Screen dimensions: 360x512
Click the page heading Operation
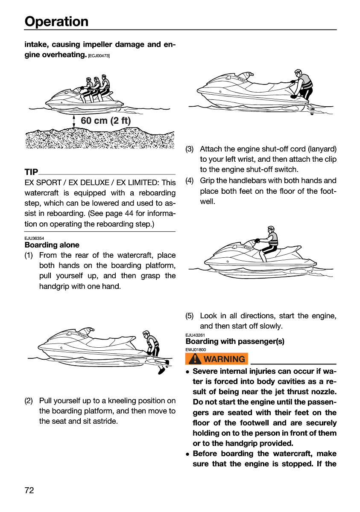tap(56, 22)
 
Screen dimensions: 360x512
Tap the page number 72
tap(29, 490)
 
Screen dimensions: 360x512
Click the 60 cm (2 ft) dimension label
tap(105, 120)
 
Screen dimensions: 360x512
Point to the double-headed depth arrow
tap(74, 121)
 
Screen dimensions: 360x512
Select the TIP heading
tap(31, 172)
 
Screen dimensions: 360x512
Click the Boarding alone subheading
tap(52, 245)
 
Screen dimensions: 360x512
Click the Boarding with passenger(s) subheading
tap(235, 341)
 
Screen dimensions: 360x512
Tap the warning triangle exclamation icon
tap(195, 359)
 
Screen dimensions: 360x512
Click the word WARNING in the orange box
tap(224, 359)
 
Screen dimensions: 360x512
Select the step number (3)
tap(189, 149)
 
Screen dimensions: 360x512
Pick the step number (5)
tap(189, 316)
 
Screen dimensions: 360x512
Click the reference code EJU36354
tap(34, 238)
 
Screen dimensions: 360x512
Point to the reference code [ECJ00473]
tap(99, 56)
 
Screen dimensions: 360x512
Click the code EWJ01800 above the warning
tap(196, 349)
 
